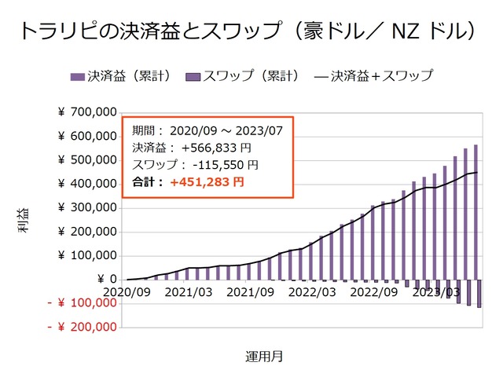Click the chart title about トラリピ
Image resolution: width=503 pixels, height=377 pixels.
251,31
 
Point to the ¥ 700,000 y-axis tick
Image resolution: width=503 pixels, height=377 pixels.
87,112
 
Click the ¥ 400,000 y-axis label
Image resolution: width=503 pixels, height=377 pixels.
87,184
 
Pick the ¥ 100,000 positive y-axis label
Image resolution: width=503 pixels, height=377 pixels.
87,255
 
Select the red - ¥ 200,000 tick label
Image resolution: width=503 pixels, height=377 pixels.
82,327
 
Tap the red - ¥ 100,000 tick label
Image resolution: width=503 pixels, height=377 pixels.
82,303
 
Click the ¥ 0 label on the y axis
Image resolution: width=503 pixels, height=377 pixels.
107,279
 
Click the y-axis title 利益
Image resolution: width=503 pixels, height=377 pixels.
24,225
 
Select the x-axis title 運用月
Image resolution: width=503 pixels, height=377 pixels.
264,356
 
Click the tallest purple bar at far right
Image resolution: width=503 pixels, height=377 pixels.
475,212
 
